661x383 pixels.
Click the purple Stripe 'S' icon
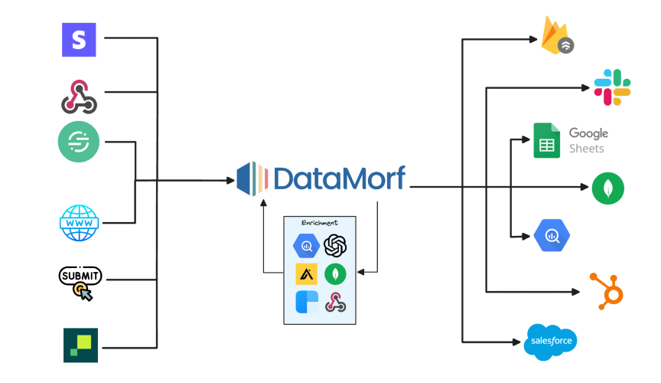coord(79,38)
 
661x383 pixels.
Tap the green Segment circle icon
coord(79,142)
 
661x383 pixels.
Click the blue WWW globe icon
coord(80,223)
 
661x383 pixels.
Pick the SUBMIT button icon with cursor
coord(80,281)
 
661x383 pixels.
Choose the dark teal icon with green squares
coord(80,345)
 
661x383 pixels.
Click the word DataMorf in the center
coord(339,178)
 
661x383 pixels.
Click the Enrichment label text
coord(320,223)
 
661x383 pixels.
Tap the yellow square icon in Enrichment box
coord(306,273)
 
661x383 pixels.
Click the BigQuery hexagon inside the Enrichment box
coord(306,246)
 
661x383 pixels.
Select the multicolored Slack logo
coord(612,87)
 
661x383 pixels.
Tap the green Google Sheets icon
coord(547,141)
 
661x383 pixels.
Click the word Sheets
coord(587,149)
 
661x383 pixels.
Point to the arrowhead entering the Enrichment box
coord(362,272)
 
